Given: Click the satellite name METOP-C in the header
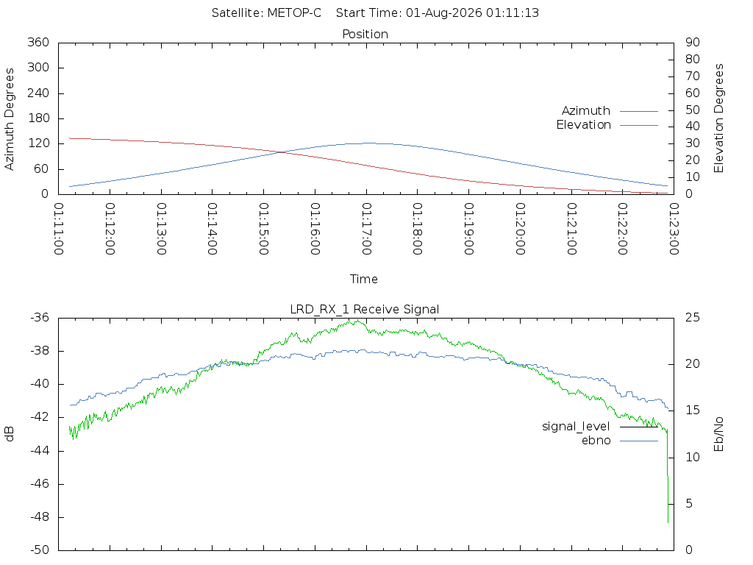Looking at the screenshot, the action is click(x=294, y=13).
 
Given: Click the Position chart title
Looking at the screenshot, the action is click(x=365, y=34).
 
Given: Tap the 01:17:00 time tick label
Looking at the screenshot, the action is click(x=366, y=229).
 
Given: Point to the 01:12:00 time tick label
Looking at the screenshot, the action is click(x=110, y=229).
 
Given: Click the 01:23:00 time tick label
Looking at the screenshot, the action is click(x=674, y=229).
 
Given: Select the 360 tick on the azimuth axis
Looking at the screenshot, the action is click(x=38, y=42).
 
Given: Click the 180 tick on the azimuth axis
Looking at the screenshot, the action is click(x=38, y=118).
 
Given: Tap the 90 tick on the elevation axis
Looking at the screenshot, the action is click(x=693, y=42).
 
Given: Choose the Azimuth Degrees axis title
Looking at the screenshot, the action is click(x=9, y=118).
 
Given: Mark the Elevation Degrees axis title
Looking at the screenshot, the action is click(x=718, y=118).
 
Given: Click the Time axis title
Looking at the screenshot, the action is click(x=363, y=279).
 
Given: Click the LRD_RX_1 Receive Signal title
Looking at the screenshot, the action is click(x=365, y=310).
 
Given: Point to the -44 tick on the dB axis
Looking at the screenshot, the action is click(x=40, y=451).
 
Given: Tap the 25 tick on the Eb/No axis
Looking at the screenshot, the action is click(x=693, y=318).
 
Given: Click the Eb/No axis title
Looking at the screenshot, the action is click(x=718, y=434).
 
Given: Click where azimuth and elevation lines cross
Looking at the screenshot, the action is click(x=279, y=152).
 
